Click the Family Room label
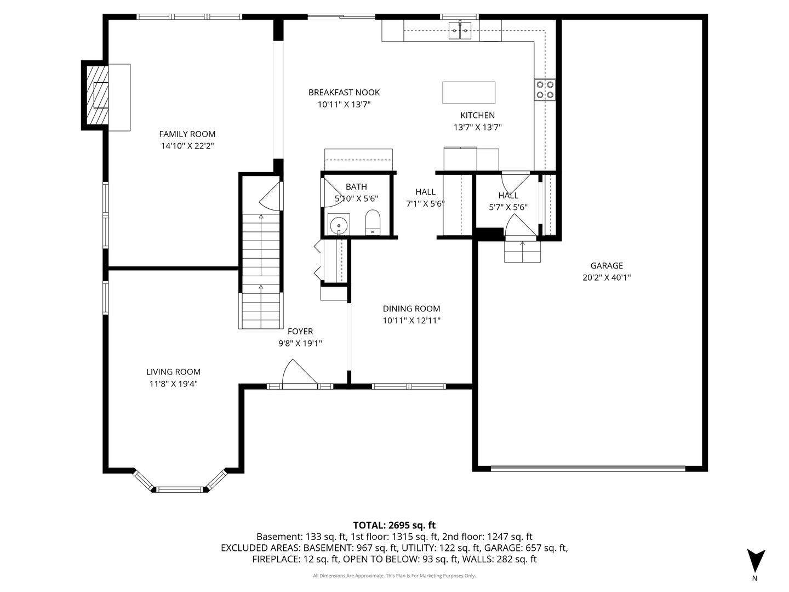click(187, 134)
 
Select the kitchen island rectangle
click(468, 93)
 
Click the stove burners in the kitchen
click(545, 89)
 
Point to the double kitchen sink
click(460, 31)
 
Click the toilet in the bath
click(373, 222)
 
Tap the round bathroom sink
click(339, 224)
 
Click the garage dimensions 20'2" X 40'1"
click(607, 278)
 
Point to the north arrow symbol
click(756, 561)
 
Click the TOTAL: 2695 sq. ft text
click(394, 525)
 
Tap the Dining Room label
click(411, 309)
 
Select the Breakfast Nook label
click(344, 93)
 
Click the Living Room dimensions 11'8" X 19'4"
click(173, 384)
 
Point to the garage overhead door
click(587, 469)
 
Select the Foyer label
click(300, 331)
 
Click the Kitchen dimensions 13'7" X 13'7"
click(477, 127)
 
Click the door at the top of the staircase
click(271, 196)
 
